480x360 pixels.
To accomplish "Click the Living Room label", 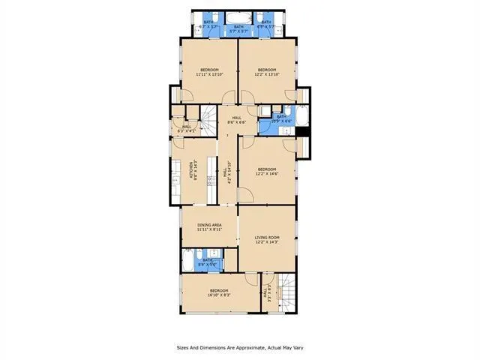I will click(x=266, y=239).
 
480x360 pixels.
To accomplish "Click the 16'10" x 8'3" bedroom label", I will click(x=218, y=292).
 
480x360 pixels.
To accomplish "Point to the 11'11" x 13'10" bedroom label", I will click(x=208, y=73).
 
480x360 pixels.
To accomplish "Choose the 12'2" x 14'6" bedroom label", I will click(x=267, y=172).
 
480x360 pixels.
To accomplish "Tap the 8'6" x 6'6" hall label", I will click(x=236, y=120).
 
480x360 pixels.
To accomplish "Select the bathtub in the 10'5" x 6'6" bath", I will click(x=300, y=118).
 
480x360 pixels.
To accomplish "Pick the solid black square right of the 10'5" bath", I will click(x=302, y=133).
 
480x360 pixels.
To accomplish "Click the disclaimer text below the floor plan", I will click(x=240, y=347).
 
